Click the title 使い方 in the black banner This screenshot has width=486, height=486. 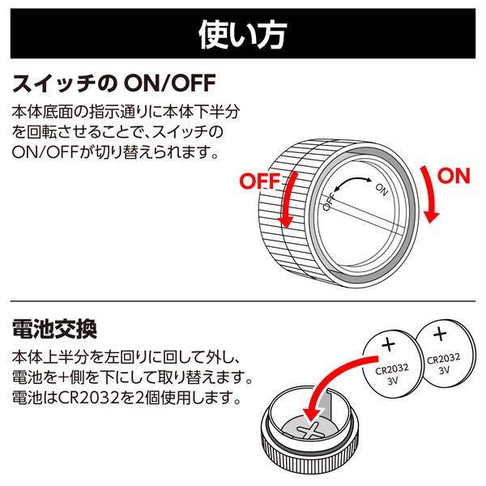point(242,34)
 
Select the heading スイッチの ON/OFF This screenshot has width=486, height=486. point(113,83)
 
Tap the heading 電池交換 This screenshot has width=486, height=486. point(54,329)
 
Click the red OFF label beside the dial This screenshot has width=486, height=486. point(260,181)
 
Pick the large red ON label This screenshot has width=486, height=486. point(454,176)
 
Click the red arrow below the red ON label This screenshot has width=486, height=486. point(430,195)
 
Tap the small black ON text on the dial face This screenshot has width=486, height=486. point(382,190)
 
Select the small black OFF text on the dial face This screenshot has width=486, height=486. point(329,202)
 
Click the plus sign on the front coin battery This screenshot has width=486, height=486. point(388,344)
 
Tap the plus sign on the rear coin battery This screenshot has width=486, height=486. point(440,334)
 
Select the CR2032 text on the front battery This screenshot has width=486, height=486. point(392,369)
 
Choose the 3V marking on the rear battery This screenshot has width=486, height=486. point(445,370)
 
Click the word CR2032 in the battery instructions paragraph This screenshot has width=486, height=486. point(88,398)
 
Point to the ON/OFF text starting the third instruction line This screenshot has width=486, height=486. point(45,152)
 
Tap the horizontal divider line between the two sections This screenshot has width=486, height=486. point(243,301)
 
